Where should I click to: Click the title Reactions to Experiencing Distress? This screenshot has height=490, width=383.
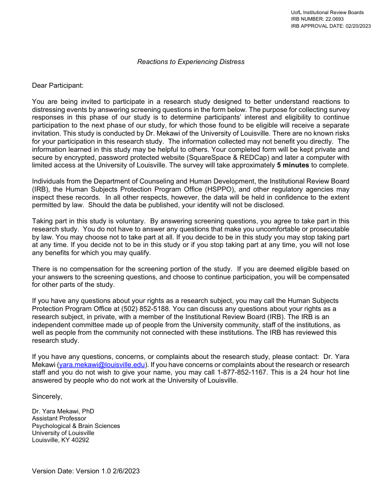[x=190, y=62]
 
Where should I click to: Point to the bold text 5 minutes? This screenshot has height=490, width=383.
[x=293, y=165]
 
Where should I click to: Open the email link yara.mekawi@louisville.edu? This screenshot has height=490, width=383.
[x=102, y=364]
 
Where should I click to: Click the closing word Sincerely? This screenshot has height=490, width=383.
[x=47, y=397]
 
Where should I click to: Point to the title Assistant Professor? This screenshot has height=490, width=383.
[x=59, y=418]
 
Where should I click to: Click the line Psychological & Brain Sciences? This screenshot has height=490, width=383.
[x=76, y=426]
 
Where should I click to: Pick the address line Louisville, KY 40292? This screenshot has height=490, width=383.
[x=60, y=440]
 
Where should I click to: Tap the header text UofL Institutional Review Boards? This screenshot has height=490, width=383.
[x=327, y=12]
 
